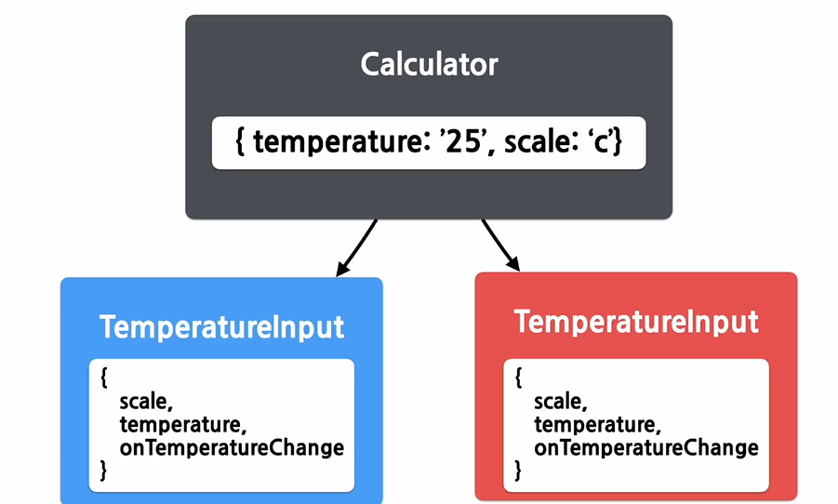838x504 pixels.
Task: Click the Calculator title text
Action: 429,64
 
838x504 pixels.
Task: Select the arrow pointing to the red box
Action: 500,245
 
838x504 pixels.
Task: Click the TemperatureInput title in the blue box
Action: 221,327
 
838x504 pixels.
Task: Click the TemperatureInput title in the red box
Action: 636,322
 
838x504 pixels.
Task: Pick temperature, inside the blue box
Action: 182,424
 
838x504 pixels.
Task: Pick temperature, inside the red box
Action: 597,424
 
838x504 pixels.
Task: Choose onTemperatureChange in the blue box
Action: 232,447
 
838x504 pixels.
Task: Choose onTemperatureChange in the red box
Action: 646,447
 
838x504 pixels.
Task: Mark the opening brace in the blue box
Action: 104,378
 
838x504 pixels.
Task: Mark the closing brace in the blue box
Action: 104,471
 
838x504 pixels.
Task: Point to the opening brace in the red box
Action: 519,378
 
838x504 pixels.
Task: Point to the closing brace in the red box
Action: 519,471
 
